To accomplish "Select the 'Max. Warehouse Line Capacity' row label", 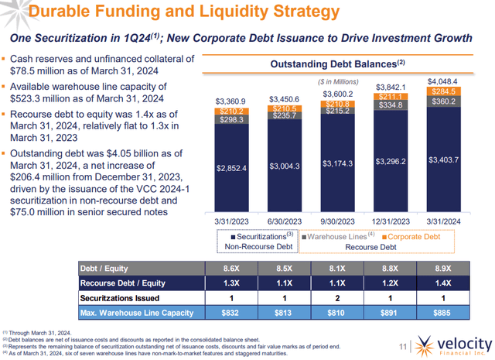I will coord(135,312).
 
